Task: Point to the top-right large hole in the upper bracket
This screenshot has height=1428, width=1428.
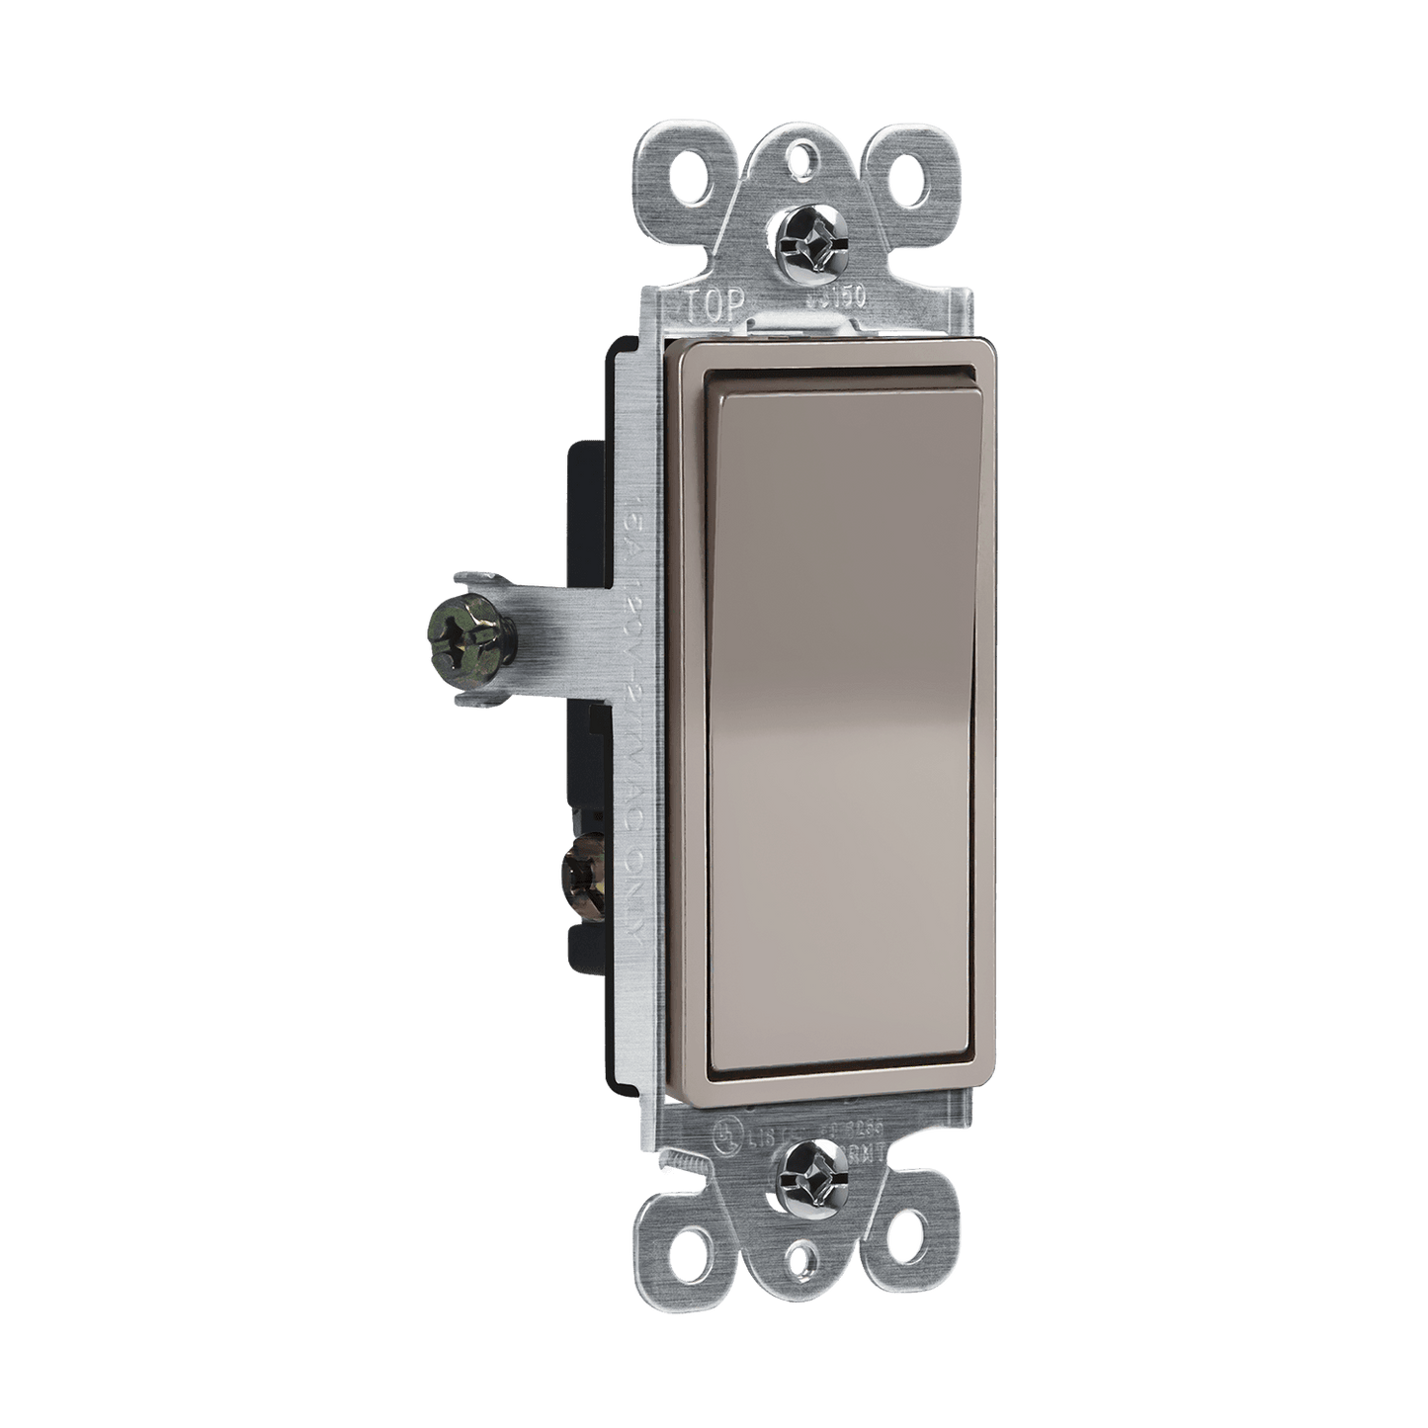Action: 901,179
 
